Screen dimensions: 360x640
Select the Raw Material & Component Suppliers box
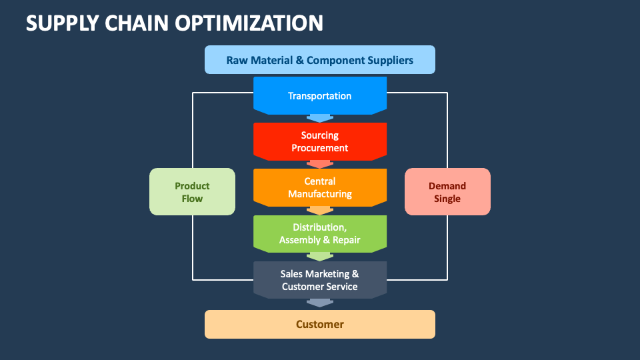(x=320, y=60)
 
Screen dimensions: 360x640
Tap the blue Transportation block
(x=320, y=95)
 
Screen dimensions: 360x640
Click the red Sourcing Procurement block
(x=320, y=141)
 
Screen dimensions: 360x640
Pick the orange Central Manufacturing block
(x=320, y=187)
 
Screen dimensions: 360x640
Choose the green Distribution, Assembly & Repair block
(x=320, y=233)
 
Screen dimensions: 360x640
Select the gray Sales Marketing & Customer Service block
(x=320, y=279)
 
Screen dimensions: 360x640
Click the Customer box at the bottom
(x=320, y=324)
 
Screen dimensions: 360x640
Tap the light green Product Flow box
(x=192, y=192)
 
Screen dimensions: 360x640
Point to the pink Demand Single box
(x=447, y=192)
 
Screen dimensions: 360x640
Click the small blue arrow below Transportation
(x=320, y=118)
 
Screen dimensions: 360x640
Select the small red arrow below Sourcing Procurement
(x=320, y=164)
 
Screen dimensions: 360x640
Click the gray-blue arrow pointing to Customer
(x=320, y=303)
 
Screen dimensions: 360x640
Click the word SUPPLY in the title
(x=62, y=23)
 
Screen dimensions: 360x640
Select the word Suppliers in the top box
(x=390, y=60)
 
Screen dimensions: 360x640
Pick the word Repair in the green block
(x=346, y=240)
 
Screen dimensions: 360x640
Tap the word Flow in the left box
(x=192, y=199)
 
